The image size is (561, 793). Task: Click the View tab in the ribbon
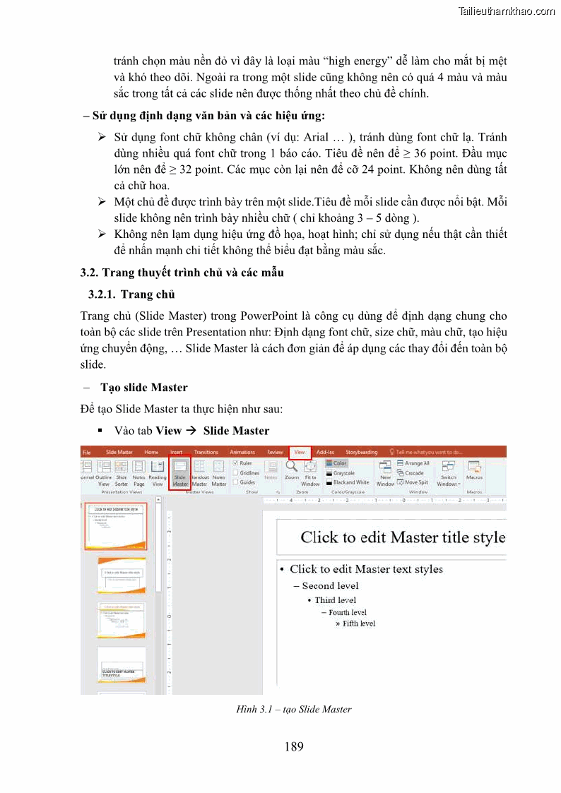(x=300, y=452)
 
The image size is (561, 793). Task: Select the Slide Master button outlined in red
(x=180, y=472)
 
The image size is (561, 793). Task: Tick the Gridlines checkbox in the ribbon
(x=235, y=473)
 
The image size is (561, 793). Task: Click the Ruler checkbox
(x=235, y=463)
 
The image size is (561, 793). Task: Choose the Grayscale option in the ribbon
(x=343, y=473)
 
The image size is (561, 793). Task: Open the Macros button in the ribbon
(x=474, y=472)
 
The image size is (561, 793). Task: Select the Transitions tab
(x=206, y=452)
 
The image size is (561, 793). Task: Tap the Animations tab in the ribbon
(x=242, y=452)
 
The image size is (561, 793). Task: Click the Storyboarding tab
(x=362, y=452)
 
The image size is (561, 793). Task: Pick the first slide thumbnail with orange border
(x=116, y=526)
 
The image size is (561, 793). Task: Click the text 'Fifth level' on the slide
(x=358, y=624)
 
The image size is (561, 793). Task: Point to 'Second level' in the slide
(x=330, y=585)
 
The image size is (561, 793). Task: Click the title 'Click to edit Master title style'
(x=403, y=537)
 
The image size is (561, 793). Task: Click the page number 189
(x=294, y=746)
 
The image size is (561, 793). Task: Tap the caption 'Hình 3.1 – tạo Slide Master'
(x=293, y=709)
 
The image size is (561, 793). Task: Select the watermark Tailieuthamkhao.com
(x=506, y=11)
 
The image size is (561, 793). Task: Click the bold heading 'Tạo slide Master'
(x=144, y=387)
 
